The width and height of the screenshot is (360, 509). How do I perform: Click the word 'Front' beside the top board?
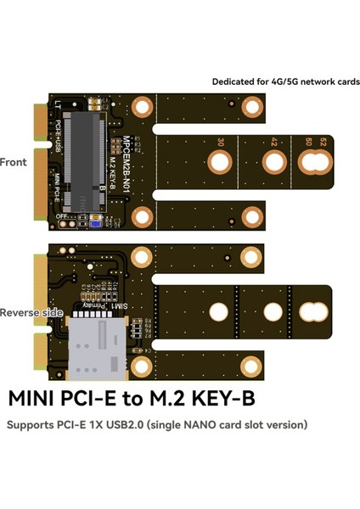click(14, 161)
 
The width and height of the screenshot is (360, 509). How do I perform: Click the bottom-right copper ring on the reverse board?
click(250, 365)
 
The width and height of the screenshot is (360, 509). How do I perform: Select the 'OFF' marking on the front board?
click(61, 217)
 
